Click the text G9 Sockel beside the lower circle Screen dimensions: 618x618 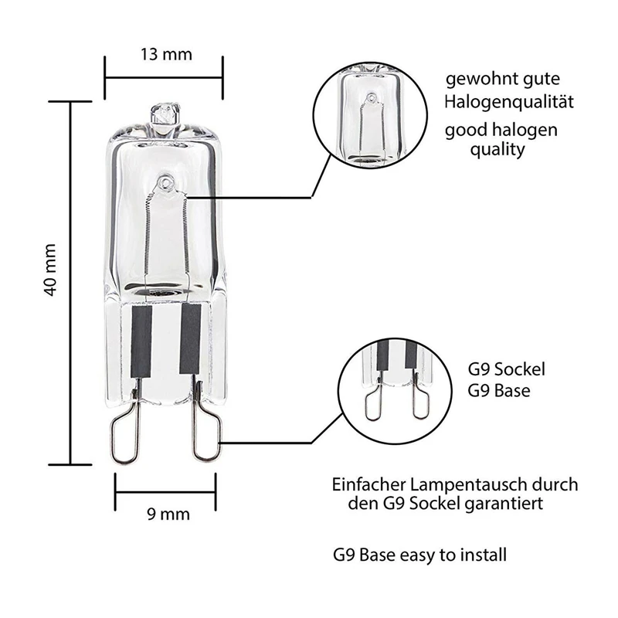click(x=502, y=369)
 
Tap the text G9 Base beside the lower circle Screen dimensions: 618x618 click(x=499, y=391)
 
